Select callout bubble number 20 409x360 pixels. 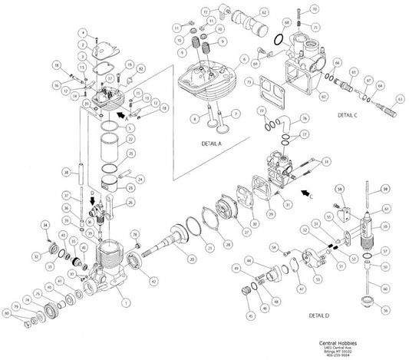191,260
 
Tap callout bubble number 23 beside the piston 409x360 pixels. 131,187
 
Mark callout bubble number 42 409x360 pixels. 155,282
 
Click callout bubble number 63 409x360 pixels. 399,100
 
